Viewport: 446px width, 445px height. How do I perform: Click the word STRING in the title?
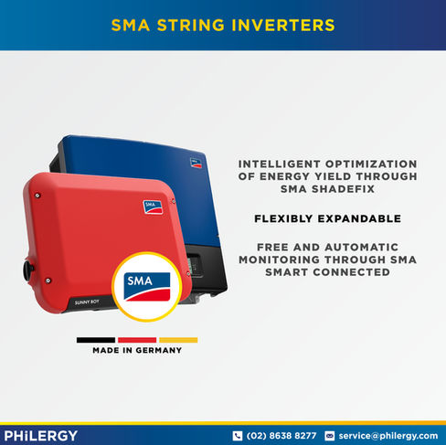point(191,25)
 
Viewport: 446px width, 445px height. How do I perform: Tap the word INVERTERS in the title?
point(283,25)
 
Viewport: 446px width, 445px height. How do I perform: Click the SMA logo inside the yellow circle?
point(147,287)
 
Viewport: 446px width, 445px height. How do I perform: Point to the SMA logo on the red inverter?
point(153,207)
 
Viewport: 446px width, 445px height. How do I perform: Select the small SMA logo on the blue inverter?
point(196,163)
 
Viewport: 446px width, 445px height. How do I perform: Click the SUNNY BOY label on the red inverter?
point(87,302)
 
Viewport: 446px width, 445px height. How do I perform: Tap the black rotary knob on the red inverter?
point(28,270)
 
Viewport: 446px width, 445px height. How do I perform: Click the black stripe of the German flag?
point(96,340)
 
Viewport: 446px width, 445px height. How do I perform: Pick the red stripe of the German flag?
point(137,340)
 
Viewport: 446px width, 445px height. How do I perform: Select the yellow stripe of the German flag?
point(178,340)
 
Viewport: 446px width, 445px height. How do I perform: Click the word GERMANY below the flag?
point(161,350)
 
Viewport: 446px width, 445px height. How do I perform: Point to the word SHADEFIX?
point(343,189)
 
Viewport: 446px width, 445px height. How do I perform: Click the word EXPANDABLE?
point(359,218)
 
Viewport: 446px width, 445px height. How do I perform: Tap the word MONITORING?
point(280,260)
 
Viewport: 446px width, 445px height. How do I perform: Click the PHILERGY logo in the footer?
point(41,436)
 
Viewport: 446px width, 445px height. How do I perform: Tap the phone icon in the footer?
point(238,436)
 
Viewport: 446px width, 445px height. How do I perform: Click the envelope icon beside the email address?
point(330,436)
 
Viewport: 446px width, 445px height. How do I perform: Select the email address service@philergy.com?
point(388,436)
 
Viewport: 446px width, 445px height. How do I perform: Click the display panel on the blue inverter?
point(194,266)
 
